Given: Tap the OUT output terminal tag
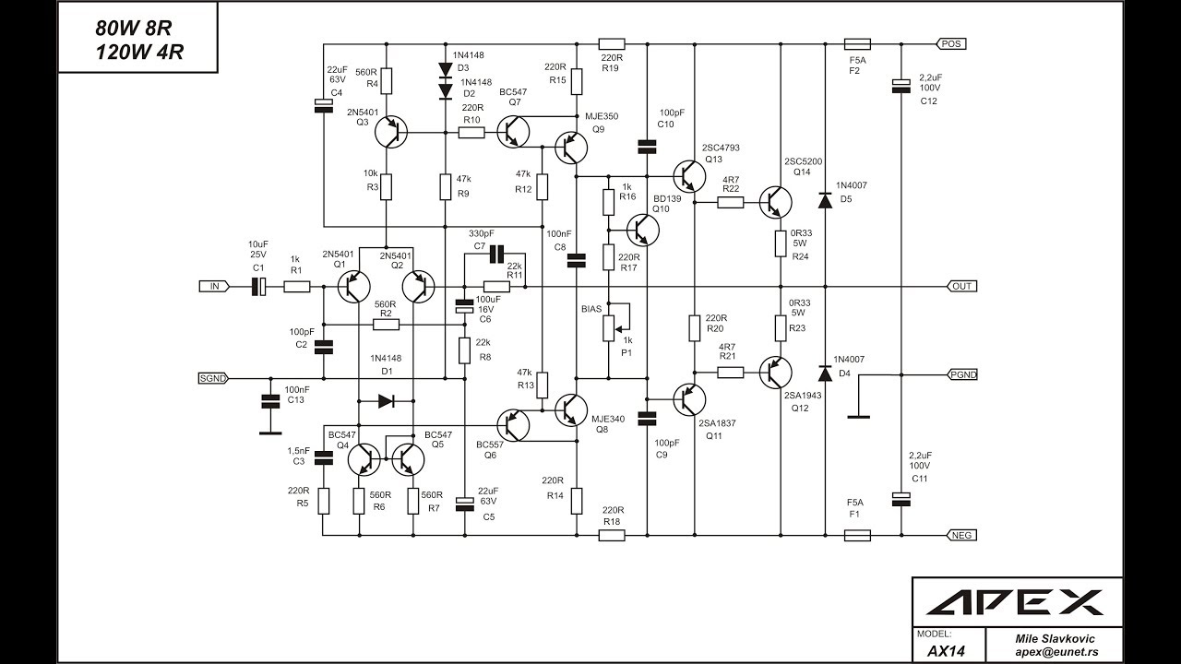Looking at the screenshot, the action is pyautogui.click(x=962, y=286).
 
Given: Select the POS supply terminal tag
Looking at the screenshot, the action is pyautogui.click(x=951, y=43).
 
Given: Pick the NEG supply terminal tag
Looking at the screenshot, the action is pyautogui.click(x=962, y=535).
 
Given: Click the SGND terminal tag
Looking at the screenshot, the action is pyautogui.click(x=213, y=378).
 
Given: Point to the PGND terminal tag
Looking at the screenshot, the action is pyautogui.click(x=962, y=374).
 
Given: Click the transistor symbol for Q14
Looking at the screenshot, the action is pyautogui.click(x=776, y=202).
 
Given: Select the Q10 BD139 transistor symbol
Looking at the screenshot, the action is pyautogui.click(x=643, y=230).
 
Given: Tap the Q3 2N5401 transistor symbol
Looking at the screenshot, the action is pyautogui.click(x=391, y=132).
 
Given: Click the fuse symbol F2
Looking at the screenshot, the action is pyautogui.click(x=857, y=43).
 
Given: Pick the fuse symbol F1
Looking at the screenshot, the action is pyautogui.click(x=857, y=536).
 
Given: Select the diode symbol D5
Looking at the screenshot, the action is pyautogui.click(x=825, y=201).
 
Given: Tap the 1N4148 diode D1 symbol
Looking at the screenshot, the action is pyautogui.click(x=386, y=401).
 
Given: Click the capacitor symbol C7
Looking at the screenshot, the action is pyautogui.click(x=496, y=254).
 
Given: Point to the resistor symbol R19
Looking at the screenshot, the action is pyautogui.click(x=612, y=43).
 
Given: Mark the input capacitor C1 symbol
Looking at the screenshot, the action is pyautogui.click(x=258, y=286).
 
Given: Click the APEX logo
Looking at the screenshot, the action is pyautogui.click(x=1014, y=602).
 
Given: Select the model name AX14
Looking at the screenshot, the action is pyautogui.click(x=946, y=651).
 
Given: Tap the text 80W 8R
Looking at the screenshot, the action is pyautogui.click(x=134, y=29).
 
